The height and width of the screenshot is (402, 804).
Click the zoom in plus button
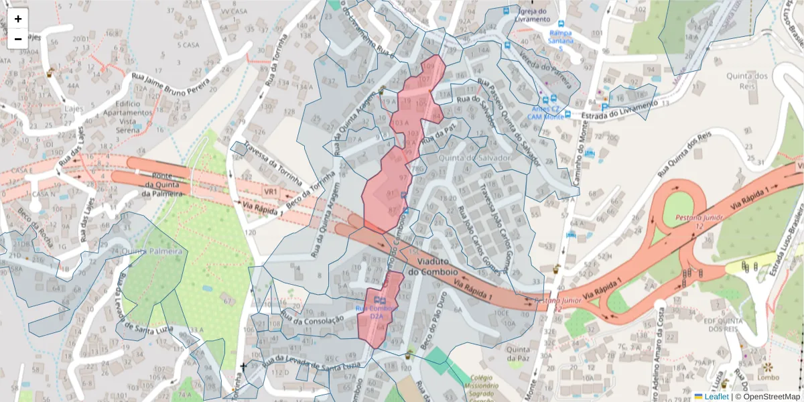(x=18, y=19)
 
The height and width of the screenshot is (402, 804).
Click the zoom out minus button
(x=18, y=39)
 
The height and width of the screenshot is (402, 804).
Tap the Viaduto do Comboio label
(x=437, y=266)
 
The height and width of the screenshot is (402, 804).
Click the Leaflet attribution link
(x=716, y=397)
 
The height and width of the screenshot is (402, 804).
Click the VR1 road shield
(x=271, y=192)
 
